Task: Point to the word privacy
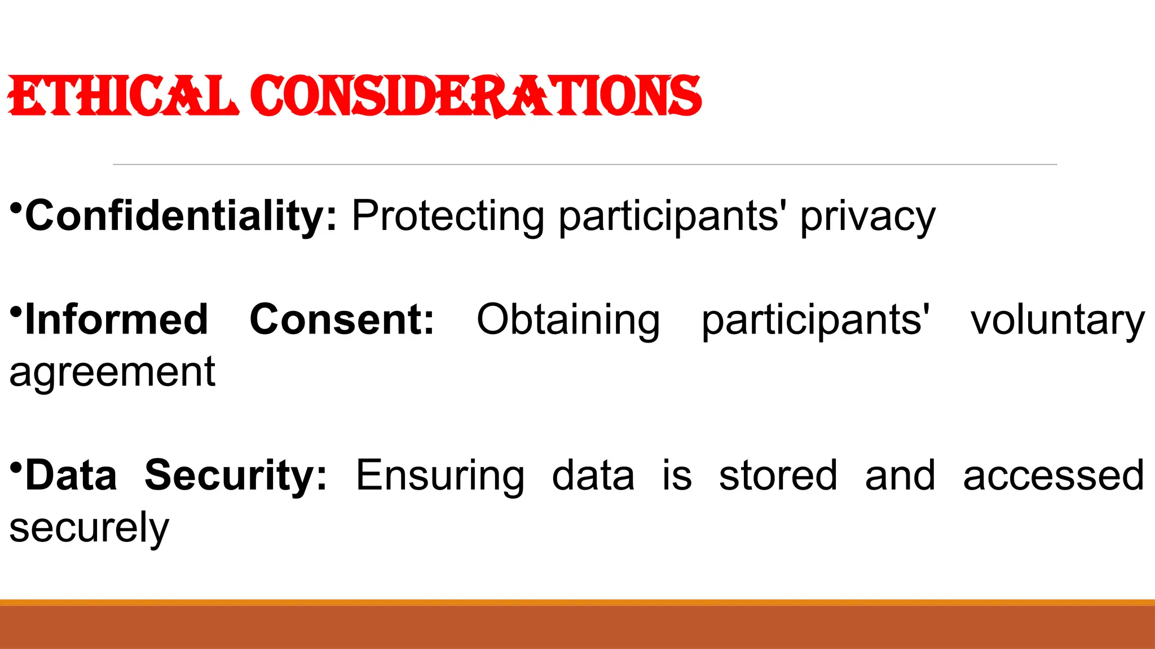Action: click(x=867, y=217)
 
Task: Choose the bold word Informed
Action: click(x=117, y=319)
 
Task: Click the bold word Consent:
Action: click(x=342, y=319)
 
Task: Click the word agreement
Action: click(x=112, y=373)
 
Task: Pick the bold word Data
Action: click(x=71, y=475)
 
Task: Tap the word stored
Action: click(x=778, y=475)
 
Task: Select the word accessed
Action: click(x=1053, y=475)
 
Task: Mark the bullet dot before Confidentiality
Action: click(x=16, y=208)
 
